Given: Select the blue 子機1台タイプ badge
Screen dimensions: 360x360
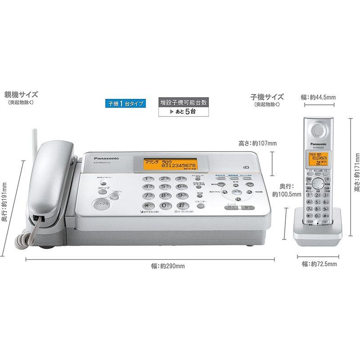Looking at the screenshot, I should coord(126,103).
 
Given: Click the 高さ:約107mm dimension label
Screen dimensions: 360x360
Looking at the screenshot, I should coord(258,144).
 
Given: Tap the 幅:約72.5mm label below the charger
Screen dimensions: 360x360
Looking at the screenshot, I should coord(319,264).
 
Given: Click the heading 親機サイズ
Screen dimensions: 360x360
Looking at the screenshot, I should coord(21,95).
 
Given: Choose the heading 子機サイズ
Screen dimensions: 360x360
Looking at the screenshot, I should coord(267,96).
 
